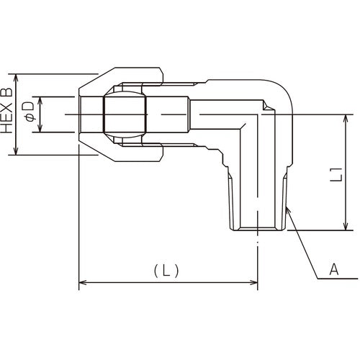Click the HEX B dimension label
click(8, 114)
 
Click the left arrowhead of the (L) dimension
click(81, 283)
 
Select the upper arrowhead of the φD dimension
click(40, 99)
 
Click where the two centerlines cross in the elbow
click(258, 114)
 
